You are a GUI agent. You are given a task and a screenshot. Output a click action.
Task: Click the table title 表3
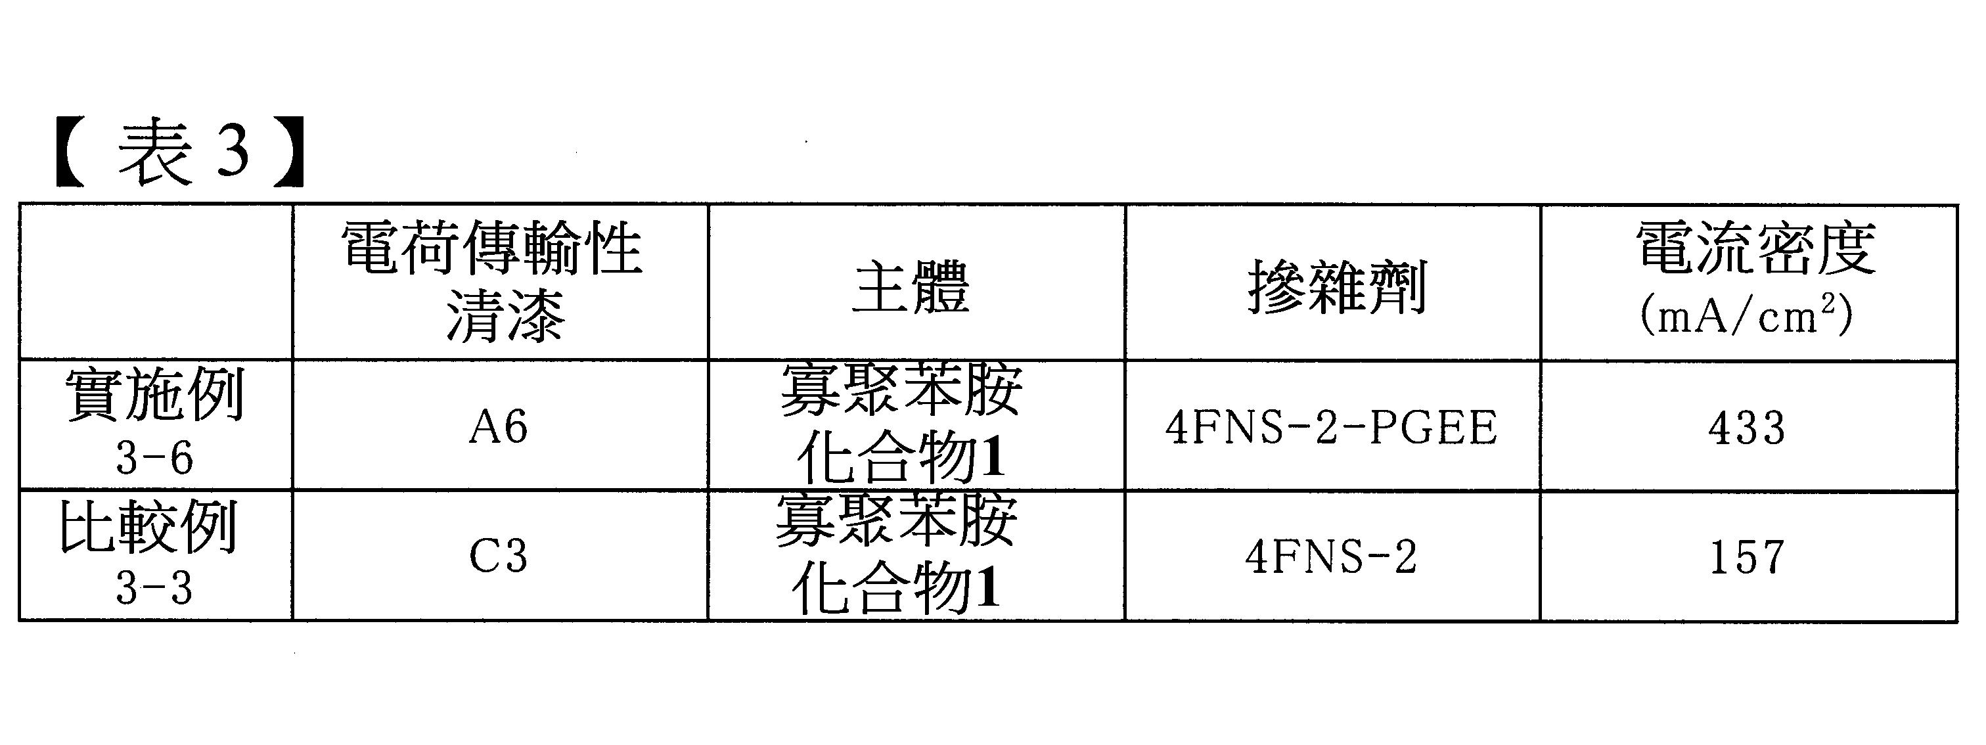click(x=181, y=152)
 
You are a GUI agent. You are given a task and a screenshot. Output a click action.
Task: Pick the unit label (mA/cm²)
click(x=1747, y=315)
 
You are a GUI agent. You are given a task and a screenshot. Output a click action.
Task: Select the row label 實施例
click(x=155, y=394)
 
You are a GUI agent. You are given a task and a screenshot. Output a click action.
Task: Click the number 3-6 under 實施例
click(x=154, y=459)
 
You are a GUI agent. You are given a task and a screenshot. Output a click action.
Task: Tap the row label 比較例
click(x=148, y=528)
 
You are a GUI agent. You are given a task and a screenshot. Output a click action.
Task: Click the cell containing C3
click(x=499, y=556)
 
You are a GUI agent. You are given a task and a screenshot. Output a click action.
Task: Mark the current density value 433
click(x=1747, y=428)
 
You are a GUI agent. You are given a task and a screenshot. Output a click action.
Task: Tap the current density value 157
click(x=1747, y=557)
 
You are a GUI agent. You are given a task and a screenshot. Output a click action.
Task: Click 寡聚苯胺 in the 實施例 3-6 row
click(x=901, y=389)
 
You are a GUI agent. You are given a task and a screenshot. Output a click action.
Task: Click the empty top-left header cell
click(x=156, y=281)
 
